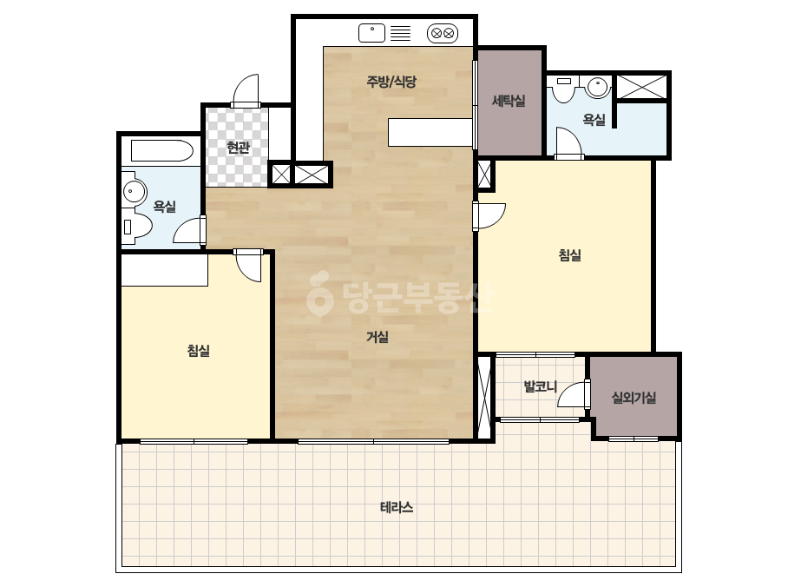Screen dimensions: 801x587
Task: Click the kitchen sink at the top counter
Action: tap(372, 33)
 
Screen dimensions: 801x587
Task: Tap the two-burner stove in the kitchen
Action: tap(443, 34)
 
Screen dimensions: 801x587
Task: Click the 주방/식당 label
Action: tap(391, 82)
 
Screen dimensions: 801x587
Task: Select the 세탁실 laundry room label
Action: tap(509, 101)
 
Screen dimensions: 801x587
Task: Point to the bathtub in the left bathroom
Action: tap(162, 151)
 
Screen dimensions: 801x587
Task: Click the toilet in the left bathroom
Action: tap(136, 226)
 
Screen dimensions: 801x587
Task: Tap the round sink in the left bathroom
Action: tap(135, 192)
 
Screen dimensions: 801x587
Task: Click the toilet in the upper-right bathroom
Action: tap(564, 89)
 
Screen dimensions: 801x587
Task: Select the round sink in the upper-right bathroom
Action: tap(597, 87)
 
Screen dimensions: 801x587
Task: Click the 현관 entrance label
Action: tap(238, 148)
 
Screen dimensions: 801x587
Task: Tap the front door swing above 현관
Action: tap(246, 90)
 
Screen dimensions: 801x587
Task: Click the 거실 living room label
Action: tap(378, 336)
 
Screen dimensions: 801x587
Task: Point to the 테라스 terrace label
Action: tap(397, 507)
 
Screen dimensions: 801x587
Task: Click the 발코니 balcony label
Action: tap(541, 386)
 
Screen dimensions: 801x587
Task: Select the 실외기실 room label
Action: tap(634, 398)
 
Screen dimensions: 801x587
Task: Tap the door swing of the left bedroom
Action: tap(249, 266)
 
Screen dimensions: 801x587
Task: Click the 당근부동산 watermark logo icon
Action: tap(319, 293)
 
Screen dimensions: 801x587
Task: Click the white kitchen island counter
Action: tap(430, 133)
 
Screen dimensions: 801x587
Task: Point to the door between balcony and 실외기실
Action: tap(573, 393)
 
